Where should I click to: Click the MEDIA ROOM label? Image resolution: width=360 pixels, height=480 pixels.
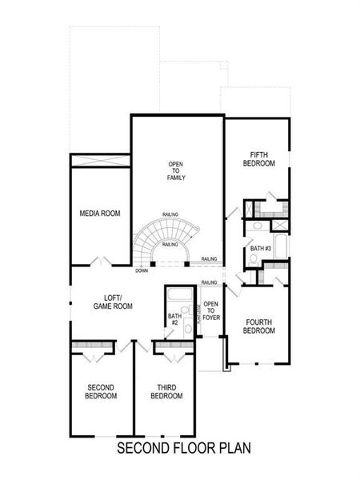click(100, 214)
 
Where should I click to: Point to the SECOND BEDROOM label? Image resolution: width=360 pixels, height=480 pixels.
click(101, 392)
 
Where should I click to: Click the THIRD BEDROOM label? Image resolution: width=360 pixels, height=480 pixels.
click(166, 392)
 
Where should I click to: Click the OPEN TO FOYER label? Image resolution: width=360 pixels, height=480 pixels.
click(211, 310)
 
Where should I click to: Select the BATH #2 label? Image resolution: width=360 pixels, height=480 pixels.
click(174, 319)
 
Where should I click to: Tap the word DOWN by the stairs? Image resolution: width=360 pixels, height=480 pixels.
click(141, 270)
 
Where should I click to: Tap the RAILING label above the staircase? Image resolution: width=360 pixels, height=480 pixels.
click(170, 214)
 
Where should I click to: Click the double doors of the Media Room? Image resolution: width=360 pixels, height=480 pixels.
click(100, 262)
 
